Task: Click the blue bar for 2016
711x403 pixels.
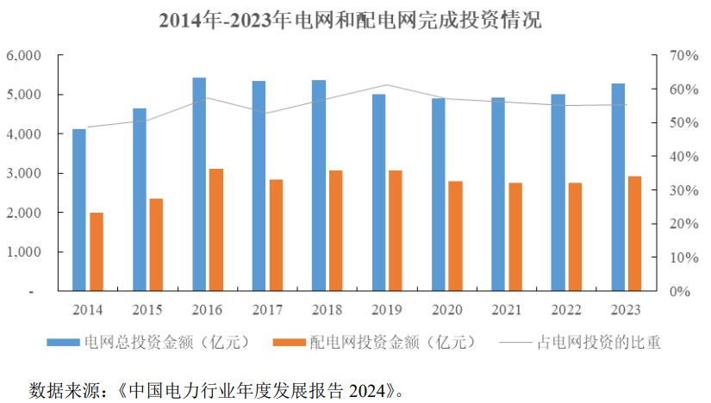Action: click(x=199, y=184)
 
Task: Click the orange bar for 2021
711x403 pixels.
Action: click(x=515, y=237)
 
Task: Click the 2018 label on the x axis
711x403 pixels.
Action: click(x=327, y=308)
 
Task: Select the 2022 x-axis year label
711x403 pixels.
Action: click(x=566, y=308)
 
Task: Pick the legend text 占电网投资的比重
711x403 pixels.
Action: click(x=599, y=343)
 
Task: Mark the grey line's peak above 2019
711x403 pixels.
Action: click(x=387, y=84)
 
